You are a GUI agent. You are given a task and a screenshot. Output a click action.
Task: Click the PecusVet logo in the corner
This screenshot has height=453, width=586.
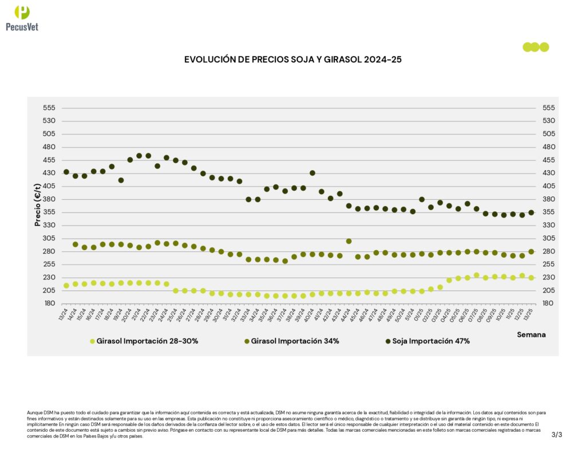(22, 18)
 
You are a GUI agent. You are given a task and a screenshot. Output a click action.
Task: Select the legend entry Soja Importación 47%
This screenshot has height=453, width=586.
(427, 341)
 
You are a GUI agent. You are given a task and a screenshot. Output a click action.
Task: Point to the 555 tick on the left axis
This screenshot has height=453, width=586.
(49, 108)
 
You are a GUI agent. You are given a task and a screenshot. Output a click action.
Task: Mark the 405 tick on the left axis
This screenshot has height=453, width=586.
(49, 186)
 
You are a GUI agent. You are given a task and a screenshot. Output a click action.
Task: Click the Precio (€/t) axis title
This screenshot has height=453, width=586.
(38, 205)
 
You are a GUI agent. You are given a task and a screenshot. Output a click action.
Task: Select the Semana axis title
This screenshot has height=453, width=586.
(532, 334)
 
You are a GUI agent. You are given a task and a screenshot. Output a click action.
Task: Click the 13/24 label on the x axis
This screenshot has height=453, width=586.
(64, 313)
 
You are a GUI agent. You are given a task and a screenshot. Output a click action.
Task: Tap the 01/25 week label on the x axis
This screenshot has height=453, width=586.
(421, 313)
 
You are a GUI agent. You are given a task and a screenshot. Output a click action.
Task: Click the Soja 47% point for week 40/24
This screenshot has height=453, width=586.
(312, 173)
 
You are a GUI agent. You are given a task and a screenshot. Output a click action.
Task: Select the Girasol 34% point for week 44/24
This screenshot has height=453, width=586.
(349, 241)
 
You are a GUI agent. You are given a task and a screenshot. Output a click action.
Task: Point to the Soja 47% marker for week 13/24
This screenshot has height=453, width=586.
(66, 172)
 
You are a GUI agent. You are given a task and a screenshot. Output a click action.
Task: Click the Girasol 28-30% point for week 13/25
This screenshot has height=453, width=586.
(531, 278)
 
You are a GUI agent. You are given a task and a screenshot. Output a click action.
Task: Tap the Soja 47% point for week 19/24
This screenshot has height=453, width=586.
(121, 180)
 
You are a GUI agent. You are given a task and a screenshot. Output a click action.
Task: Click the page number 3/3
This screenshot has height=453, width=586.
(557, 435)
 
